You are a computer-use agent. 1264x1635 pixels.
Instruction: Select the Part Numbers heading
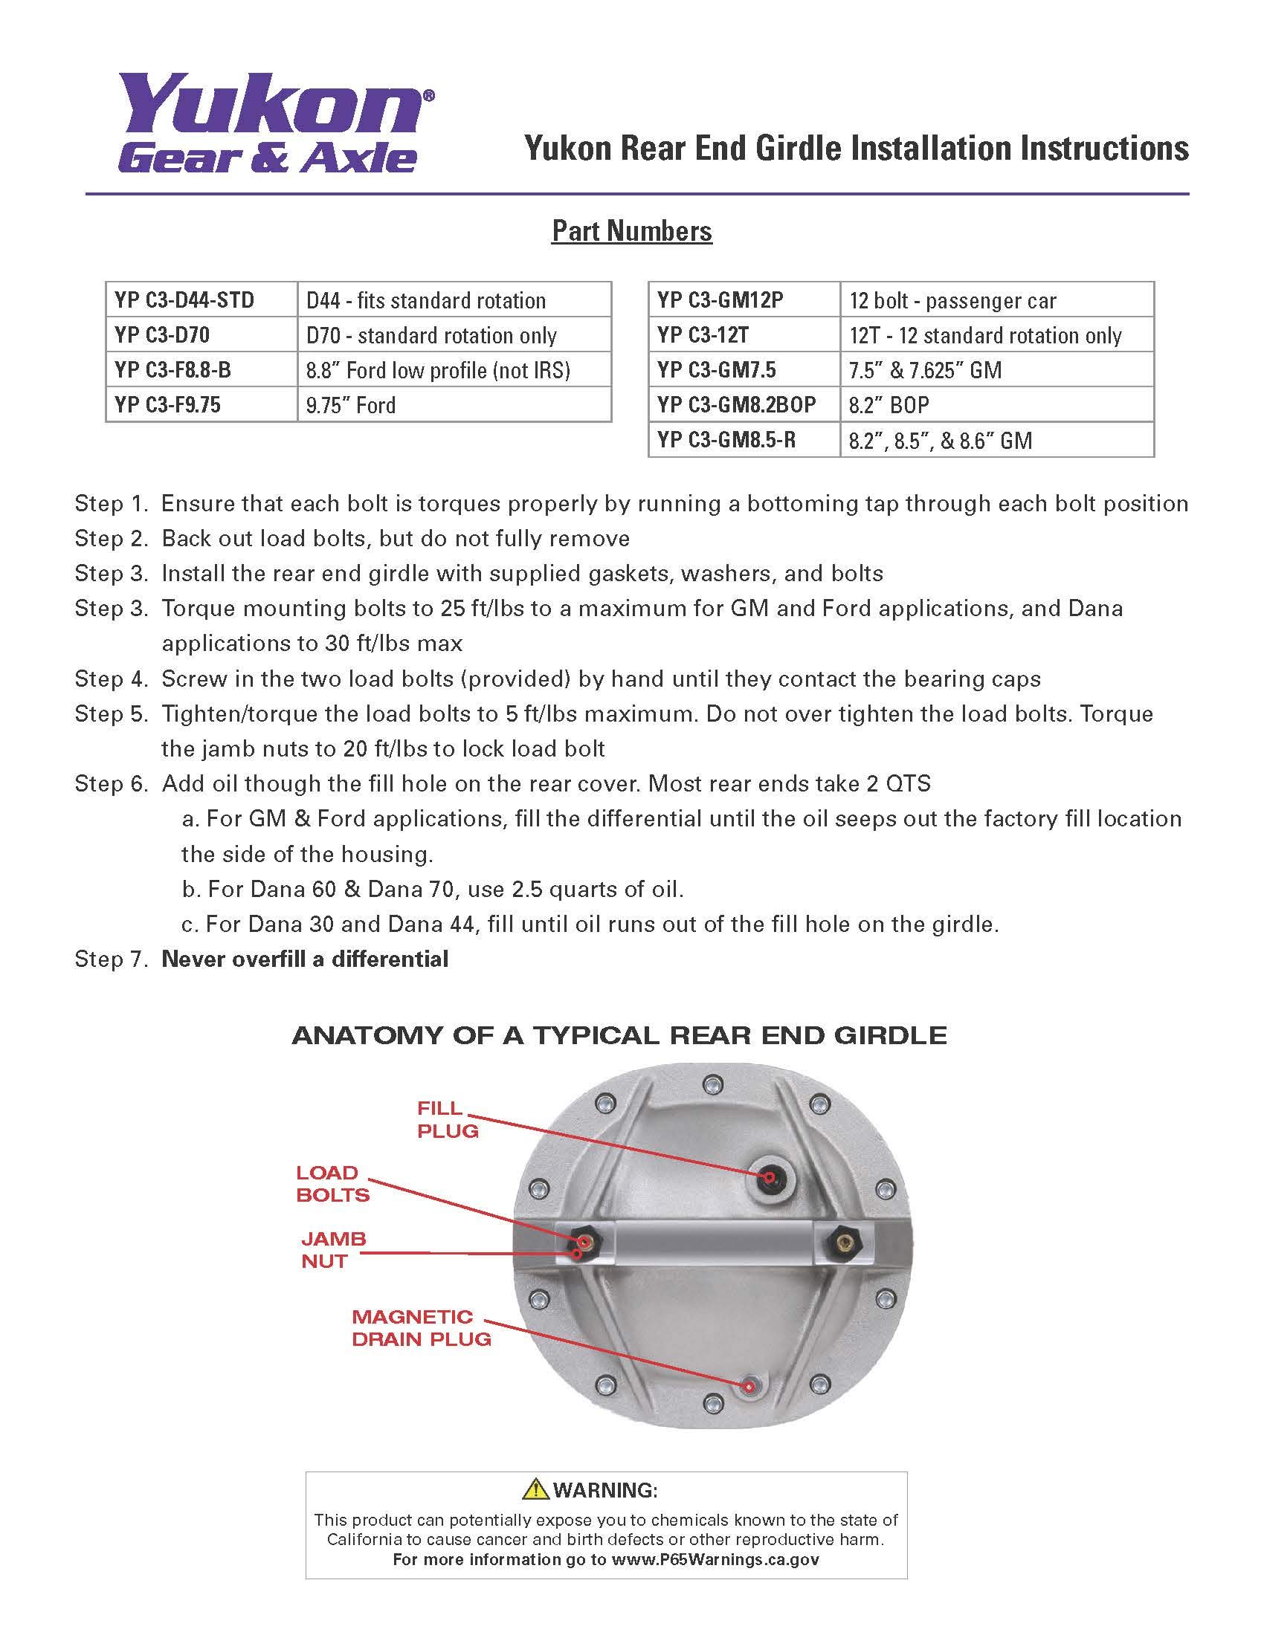(632, 230)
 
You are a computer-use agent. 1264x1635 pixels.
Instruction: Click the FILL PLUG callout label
(447, 1119)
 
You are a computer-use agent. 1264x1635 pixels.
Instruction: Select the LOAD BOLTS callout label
(332, 1184)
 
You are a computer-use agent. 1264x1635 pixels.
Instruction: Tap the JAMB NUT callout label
(333, 1249)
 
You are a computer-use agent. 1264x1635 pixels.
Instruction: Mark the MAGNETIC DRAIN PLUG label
(421, 1327)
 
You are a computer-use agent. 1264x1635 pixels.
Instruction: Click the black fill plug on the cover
(770, 1176)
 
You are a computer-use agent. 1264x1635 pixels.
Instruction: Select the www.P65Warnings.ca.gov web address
(715, 1559)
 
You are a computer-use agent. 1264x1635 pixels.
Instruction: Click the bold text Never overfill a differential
(305, 959)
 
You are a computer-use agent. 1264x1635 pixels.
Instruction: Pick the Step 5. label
(112, 713)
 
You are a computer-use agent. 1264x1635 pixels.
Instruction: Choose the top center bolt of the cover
(714, 1084)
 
